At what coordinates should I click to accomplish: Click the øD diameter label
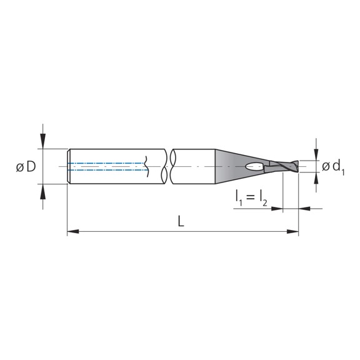(x=26, y=167)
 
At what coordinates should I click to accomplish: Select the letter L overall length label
(x=181, y=222)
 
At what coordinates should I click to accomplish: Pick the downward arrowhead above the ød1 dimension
(x=317, y=155)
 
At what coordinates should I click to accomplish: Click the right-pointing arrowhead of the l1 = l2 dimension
(x=278, y=208)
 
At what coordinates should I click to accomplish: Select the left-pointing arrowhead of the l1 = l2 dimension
(x=304, y=208)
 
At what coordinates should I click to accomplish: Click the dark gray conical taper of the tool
(x=231, y=165)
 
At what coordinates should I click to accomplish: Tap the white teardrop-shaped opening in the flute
(x=254, y=167)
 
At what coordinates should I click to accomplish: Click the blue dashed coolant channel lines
(x=106, y=166)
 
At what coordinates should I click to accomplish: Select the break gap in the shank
(x=168, y=167)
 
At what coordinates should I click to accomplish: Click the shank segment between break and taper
(x=194, y=167)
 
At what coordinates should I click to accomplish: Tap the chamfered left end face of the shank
(x=69, y=167)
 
